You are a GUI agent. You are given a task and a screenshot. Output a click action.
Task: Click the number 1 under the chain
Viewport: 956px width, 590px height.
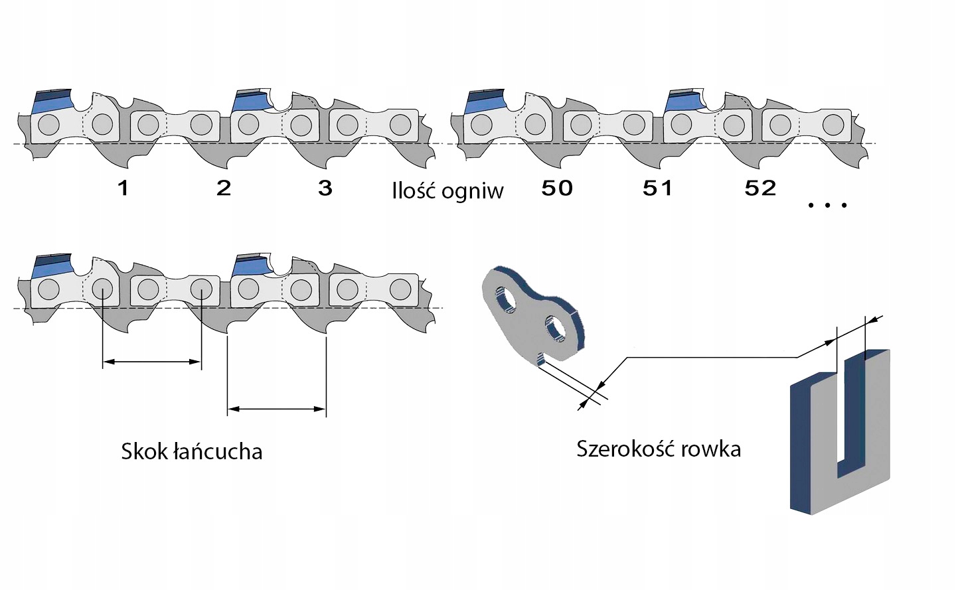click(123, 188)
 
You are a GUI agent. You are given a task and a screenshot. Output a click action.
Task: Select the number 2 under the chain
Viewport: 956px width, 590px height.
click(224, 188)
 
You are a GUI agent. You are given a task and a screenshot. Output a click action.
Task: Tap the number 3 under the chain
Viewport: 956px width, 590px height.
click(325, 188)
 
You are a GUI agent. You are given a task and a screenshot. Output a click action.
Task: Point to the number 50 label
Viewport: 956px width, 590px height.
click(557, 188)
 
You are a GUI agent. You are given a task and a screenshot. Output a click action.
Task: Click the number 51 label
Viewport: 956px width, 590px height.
click(658, 188)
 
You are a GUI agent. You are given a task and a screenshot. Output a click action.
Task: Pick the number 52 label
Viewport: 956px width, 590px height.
click(760, 188)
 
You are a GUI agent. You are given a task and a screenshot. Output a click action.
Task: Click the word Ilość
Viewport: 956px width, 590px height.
click(414, 191)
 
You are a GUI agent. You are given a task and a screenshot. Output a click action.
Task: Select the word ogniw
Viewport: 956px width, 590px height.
click(472, 192)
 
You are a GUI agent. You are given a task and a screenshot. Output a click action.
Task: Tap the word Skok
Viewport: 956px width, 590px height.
click(144, 452)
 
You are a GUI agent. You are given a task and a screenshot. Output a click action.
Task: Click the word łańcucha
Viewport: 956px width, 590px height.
click(218, 452)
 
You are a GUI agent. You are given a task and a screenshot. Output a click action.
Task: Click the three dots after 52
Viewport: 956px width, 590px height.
click(827, 205)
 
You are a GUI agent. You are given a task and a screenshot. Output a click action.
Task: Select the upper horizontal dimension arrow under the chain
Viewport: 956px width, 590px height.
click(152, 362)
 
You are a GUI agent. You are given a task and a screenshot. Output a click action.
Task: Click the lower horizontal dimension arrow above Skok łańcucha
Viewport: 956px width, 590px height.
click(276, 409)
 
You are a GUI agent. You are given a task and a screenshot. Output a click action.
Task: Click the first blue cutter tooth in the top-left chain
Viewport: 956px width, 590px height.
click(52, 100)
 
